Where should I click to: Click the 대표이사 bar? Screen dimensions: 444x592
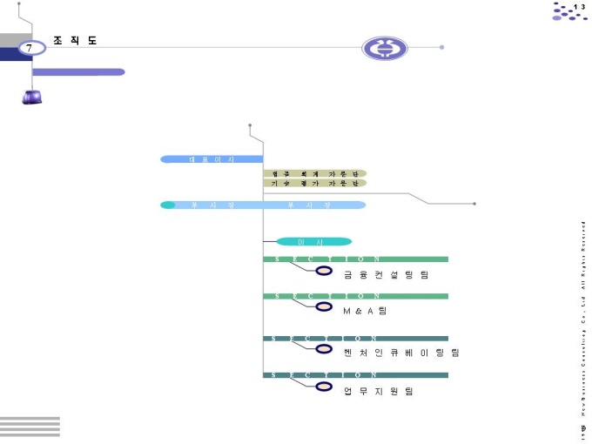click(x=212, y=159)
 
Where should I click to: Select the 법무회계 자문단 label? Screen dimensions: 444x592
click(x=314, y=173)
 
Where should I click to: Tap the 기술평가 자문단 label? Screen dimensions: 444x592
click(x=314, y=184)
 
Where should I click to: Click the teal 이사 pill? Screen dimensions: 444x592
click(x=313, y=241)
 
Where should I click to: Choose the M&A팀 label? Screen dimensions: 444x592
click(x=365, y=311)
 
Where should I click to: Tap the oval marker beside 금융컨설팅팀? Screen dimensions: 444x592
click(x=324, y=270)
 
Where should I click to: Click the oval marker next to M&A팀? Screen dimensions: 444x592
click(x=324, y=307)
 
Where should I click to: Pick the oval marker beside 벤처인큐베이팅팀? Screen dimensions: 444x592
click(x=324, y=349)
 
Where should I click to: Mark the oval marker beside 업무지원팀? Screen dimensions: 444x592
click(x=324, y=386)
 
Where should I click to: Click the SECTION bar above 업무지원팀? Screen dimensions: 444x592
click(x=355, y=375)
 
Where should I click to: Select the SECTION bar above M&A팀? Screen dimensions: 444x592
click(x=355, y=296)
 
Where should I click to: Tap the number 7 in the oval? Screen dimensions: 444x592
click(x=30, y=49)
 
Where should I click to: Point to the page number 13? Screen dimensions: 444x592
click(x=579, y=7)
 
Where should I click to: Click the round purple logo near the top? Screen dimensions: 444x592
click(x=384, y=48)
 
